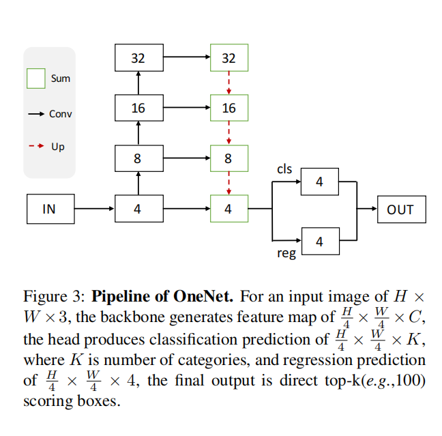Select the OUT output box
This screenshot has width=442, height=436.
point(400,209)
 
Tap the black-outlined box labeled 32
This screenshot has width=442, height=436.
point(138,58)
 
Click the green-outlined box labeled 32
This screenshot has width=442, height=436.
point(229,58)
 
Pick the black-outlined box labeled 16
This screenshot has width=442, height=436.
point(138,108)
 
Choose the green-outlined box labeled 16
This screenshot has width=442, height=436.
point(229,108)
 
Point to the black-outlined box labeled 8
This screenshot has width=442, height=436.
point(138,158)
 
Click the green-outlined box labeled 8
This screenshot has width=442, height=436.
point(229,158)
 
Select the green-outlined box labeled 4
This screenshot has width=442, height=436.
point(229,209)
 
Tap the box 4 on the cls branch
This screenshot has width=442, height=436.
point(319,181)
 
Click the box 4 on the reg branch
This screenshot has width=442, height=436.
point(319,241)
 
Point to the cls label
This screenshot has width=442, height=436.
point(284,168)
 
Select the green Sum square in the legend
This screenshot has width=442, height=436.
point(36,78)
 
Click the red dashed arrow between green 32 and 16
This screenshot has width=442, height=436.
point(229,83)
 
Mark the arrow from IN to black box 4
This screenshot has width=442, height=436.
point(94,209)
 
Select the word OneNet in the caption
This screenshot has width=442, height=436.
point(205,297)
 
